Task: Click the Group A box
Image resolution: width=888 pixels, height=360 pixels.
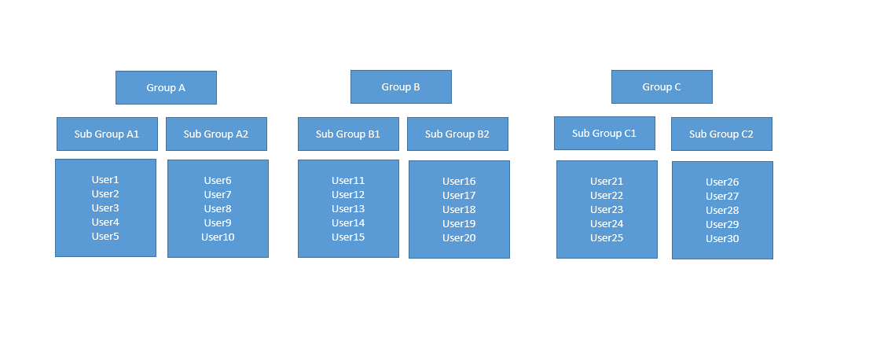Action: click(166, 87)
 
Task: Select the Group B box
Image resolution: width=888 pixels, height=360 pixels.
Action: click(401, 86)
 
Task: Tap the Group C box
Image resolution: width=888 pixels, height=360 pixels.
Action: click(662, 86)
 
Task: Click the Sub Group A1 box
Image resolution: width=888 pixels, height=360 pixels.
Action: click(107, 134)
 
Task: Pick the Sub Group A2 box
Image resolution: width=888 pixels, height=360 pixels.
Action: click(216, 134)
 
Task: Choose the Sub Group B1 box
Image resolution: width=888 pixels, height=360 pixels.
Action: click(348, 134)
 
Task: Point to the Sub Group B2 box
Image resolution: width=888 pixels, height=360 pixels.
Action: click(457, 134)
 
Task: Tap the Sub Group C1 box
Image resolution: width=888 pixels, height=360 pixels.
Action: click(604, 133)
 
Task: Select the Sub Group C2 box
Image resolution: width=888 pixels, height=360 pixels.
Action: click(721, 134)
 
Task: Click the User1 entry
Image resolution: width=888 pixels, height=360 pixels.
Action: click(105, 180)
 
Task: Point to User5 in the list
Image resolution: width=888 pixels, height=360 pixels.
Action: click(105, 237)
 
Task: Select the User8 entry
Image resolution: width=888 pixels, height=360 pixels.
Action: click(218, 209)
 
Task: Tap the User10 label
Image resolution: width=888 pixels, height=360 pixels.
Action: click(218, 237)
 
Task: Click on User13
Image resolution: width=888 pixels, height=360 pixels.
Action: click(348, 209)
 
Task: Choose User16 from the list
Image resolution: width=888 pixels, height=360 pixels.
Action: click(459, 182)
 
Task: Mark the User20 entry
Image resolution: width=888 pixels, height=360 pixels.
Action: click(459, 238)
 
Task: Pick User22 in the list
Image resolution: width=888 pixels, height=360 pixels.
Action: click(607, 196)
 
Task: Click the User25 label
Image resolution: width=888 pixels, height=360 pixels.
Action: click(607, 238)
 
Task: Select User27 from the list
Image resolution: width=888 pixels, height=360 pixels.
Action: click(722, 197)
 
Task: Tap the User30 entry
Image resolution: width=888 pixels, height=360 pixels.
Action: click(722, 239)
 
